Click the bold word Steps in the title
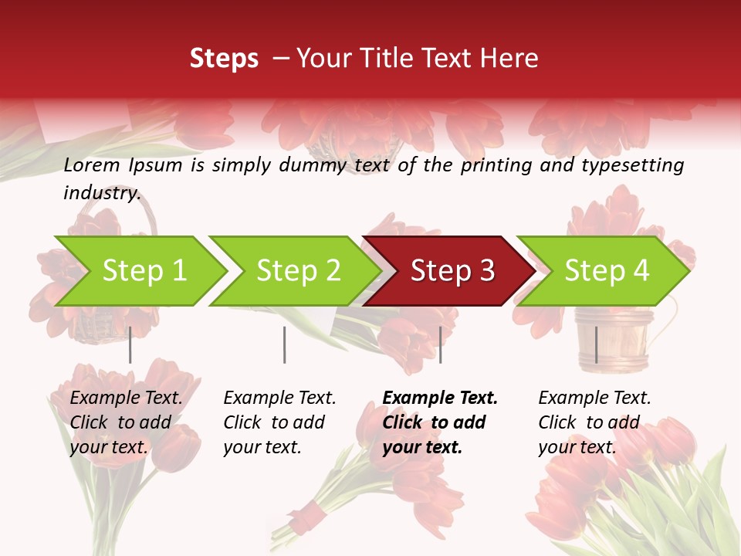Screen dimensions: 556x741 point(224,59)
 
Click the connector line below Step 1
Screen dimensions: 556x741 point(130,344)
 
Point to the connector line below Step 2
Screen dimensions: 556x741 point(285,344)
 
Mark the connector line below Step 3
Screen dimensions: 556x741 point(440,344)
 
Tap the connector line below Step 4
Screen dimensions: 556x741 point(597,344)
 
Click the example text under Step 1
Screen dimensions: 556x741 point(126,422)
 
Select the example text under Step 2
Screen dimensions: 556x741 point(279,422)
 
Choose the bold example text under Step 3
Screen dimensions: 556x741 point(440,422)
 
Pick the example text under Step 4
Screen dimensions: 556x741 point(594,422)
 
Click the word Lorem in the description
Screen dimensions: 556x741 point(92,165)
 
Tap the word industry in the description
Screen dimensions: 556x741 point(102,193)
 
